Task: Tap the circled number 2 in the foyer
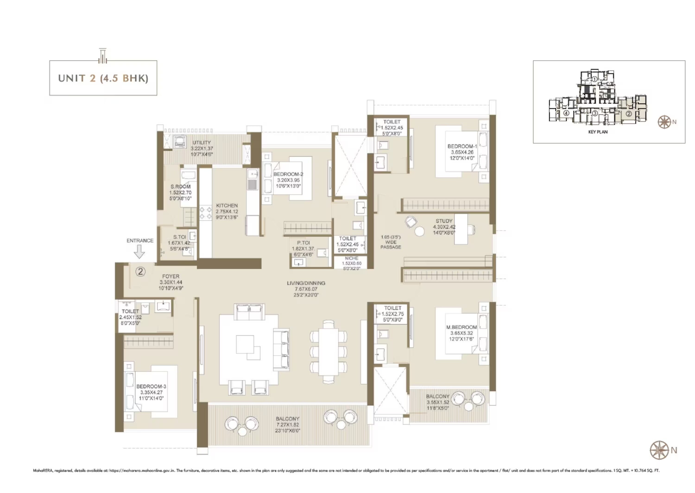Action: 140,271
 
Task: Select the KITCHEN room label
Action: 227,206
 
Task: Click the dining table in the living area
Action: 328,352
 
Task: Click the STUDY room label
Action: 444,221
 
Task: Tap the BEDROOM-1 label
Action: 462,146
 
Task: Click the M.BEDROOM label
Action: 461,327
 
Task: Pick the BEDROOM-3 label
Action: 151,386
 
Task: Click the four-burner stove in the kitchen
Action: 206,213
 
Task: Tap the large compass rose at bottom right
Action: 659,450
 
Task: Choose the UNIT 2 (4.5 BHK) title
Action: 103,78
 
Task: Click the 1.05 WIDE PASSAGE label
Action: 391,242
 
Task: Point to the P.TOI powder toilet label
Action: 303,243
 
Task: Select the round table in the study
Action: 419,232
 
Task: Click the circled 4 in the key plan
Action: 566,114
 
